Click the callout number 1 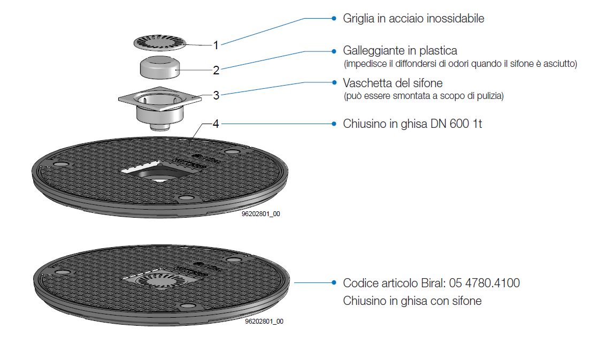coord(216,45)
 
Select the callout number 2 coord(216,70)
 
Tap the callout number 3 coord(216,95)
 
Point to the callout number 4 coord(216,124)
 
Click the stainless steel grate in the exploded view coord(159,41)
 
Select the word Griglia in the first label coord(358,19)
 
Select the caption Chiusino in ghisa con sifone coord(412,301)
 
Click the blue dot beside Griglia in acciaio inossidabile coord(334,18)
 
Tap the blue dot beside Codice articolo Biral coord(334,282)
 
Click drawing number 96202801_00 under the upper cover coord(261,214)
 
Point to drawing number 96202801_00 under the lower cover coord(264,322)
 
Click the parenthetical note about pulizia coord(424,96)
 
